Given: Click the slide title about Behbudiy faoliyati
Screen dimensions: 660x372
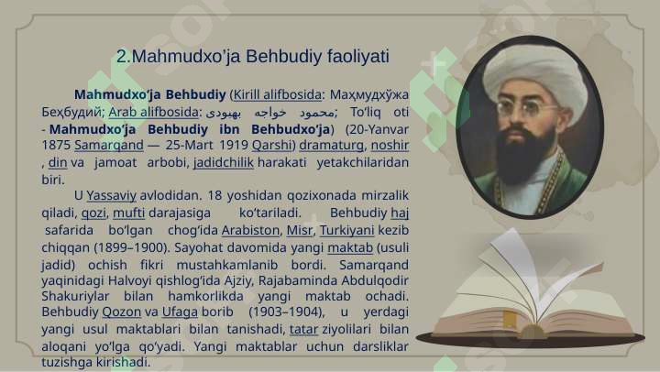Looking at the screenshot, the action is tap(253, 57).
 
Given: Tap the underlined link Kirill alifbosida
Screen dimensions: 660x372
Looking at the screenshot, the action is tap(278, 94).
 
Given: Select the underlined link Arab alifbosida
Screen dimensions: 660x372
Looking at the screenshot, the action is tap(153, 112).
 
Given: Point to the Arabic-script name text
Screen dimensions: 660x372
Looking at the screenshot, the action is tap(270, 113).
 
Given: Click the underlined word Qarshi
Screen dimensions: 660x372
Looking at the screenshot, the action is tap(271, 145).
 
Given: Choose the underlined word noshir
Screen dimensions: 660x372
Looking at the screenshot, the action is tap(390, 145).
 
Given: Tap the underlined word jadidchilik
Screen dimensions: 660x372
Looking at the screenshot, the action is tap(224, 162).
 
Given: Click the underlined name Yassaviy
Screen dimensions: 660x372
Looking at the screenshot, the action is tap(112, 196).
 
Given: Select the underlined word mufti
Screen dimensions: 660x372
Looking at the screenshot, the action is tap(129, 213).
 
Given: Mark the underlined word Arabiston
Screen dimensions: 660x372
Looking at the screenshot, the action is tap(250, 230).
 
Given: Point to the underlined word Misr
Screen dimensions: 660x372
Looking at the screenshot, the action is tap(299, 230).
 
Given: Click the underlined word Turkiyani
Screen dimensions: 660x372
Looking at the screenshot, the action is tap(346, 230).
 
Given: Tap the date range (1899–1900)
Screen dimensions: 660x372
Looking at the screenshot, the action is tap(130, 247).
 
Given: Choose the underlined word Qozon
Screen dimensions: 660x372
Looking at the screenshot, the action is tap(122, 312).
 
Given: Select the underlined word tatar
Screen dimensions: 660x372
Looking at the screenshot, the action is tap(303, 329).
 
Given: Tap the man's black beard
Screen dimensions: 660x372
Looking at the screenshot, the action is tap(524, 156).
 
